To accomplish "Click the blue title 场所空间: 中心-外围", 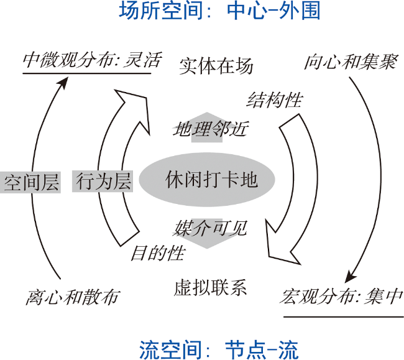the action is click(219, 11).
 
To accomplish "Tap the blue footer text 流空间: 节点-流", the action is click(219, 349).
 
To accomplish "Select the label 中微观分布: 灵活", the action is click(92, 60).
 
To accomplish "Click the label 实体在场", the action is click(216, 67).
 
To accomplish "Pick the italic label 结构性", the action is click(274, 99).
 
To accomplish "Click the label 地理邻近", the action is click(211, 129).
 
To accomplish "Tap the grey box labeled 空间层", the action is click(30, 182).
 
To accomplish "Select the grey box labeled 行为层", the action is click(103, 181).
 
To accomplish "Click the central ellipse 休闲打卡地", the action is click(207, 180).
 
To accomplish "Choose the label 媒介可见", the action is click(209, 228).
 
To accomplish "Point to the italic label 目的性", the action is click(158, 253).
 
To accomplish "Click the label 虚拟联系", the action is click(210, 287).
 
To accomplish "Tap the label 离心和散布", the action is click(73, 297).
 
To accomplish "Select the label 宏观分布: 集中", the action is click(341, 297).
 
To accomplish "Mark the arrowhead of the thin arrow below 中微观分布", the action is click(63, 83).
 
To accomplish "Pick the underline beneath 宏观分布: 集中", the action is click(344, 317).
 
